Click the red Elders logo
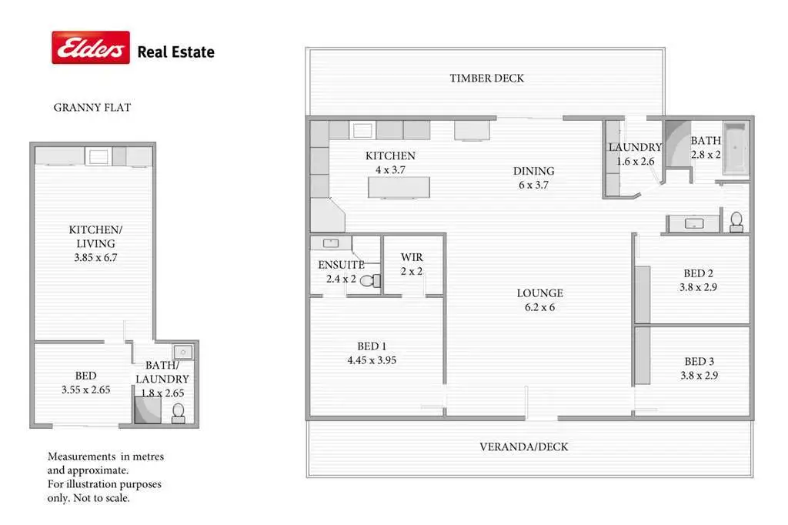[90, 48]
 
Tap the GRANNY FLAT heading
[92, 108]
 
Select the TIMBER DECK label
[487, 78]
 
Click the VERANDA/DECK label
[523, 446]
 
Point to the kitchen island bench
[398, 187]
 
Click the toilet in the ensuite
[370, 280]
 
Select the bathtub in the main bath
[736, 147]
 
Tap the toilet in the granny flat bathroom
[179, 413]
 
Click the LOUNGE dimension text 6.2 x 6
[539, 307]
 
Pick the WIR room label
[412, 257]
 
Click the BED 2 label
[699, 273]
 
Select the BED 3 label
[699, 362]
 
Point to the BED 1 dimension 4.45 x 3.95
[372, 359]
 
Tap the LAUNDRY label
[635, 148]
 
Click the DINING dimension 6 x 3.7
[535, 185]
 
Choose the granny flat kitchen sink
[98, 157]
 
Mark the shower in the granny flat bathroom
[147, 410]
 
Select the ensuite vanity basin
[332, 243]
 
